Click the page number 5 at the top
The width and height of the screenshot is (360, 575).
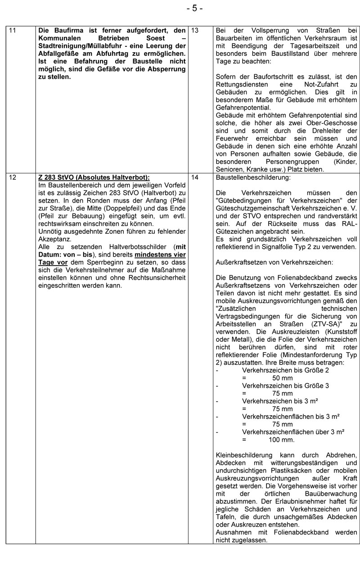(194, 9)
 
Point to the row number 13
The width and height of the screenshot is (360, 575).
(195, 31)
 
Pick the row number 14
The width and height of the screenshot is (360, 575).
(195, 177)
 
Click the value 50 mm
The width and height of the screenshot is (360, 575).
(283, 377)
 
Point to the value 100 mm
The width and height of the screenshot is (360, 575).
(282, 439)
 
